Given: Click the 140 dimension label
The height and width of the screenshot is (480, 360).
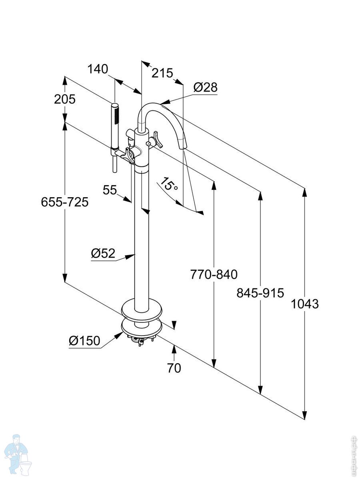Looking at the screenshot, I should (98, 69).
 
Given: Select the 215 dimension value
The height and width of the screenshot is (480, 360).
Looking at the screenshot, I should (162, 73).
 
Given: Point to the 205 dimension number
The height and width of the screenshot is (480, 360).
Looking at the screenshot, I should (65, 99).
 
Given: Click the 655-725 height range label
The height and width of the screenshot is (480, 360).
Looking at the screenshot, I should (65, 202).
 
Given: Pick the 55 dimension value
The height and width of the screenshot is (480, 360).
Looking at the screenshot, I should (110, 190).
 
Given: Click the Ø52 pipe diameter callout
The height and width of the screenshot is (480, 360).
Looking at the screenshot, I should (103, 253).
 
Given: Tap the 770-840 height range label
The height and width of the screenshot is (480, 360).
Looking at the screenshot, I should (214, 274).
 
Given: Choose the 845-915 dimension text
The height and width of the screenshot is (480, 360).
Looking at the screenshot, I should (260, 293).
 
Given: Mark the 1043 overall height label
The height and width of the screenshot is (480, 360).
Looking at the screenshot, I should (305, 304).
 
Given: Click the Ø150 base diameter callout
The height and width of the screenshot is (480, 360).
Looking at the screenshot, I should (84, 341).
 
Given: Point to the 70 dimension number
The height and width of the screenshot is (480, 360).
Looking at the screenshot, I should (174, 368).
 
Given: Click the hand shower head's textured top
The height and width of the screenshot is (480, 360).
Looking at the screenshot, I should (116, 114).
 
